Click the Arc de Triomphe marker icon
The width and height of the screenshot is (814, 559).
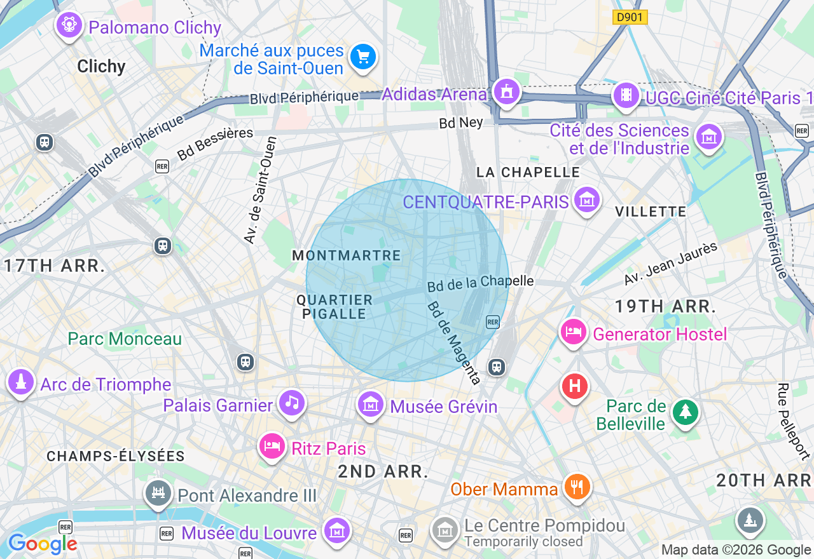pos(21,382)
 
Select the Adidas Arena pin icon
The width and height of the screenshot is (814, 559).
pos(507,92)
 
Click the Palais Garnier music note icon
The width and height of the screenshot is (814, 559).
pos(291,403)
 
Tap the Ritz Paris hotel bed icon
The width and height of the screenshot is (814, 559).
pos(272,447)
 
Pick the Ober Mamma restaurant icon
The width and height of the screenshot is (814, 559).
pos(577,487)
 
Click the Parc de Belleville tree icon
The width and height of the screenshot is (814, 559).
pos(685,413)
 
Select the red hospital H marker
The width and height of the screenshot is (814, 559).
pos(574,386)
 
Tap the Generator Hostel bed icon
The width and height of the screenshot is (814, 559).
pos(574,332)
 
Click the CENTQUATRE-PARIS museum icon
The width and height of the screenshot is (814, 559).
pos(587,200)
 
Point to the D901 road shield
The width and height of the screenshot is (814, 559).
pos(630,18)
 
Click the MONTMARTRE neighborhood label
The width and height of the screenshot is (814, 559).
pos(347,256)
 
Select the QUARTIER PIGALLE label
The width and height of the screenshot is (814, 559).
pos(335,307)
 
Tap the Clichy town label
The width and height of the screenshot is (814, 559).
pos(101,66)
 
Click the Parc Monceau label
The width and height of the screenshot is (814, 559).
pos(125,339)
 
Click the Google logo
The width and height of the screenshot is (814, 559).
pos(43,544)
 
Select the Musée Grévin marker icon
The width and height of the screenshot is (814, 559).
pos(371,404)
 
